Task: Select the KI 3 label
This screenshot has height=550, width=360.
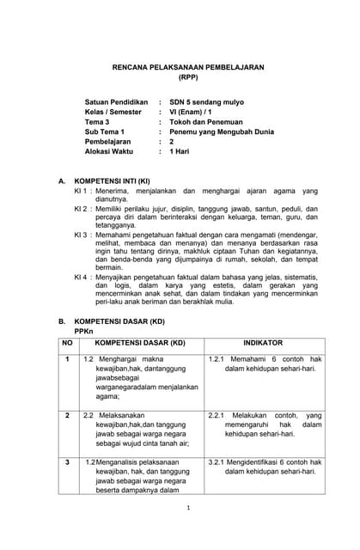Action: pyautogui.click(x=82, y=233)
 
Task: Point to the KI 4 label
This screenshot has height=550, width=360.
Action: pyautogui.click(x=82, y=278)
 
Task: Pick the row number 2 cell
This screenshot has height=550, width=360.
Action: pyautogui.click(x=67, y=415)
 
